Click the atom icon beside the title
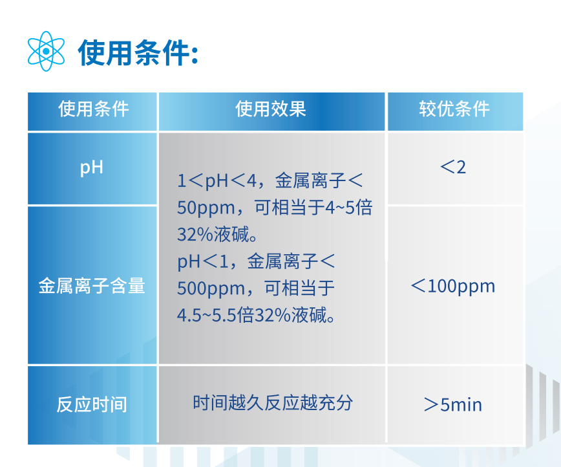pyautogui.click(x=46, y=51)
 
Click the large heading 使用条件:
pyautogui.click(x=138, y=53)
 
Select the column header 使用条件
pyautogui.click(x=93, y=109)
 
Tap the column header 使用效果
pyautogui.click(x=270, y=109)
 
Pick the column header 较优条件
pyautogui.click(x=454, y=109)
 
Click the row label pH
pyautogui.click(x=92, y=168)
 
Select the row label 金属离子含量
pyautogui.click(x=92, y=286)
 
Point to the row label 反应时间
pyautogui.click(x=92, y=405)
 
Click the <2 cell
pyautogui.click(x=453, y=168)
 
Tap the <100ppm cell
pyautogui.click(x=453, y=287)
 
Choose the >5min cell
pyautogui.click(x=453, y=405)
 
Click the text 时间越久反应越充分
pyautogui.click(x=273, y=403)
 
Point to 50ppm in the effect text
pyautogui.click(x=206, y=208)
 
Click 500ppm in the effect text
pyautogui.click(x=211, y=289)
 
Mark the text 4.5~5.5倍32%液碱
pyautogui.click(x=256, y=316)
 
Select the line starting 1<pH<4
pyautogui.click(x=270, y=180)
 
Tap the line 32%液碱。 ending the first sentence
pyautogui.click(x=217, y=235)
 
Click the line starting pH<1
pyautogui.click(x=256, y=261)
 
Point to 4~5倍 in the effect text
pyautogui.click(x=348, y=208)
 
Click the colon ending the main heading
pyautogui.click(x=195, y=56)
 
